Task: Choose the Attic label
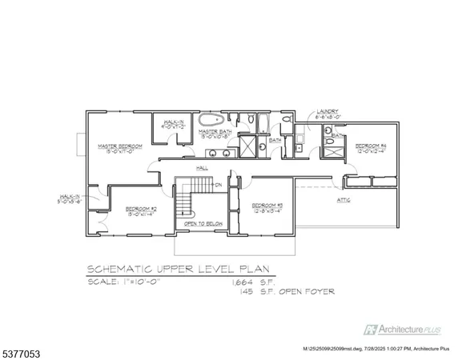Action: coord(345,201)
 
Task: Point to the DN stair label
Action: coord(219,185)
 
